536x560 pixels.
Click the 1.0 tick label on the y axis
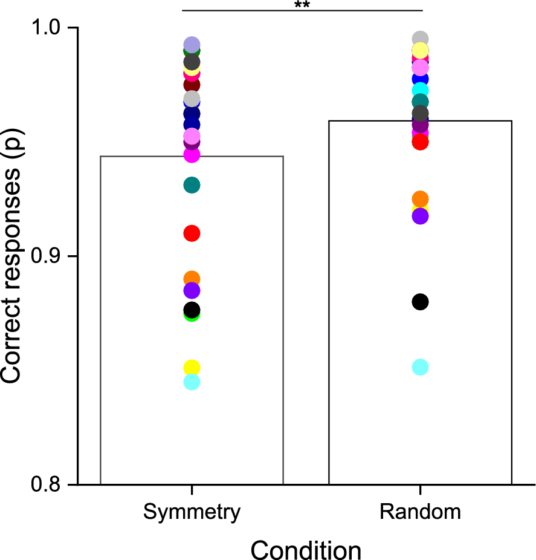coord(42,28)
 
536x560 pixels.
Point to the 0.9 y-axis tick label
coord(42,256)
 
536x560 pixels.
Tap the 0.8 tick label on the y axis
coord(42,484)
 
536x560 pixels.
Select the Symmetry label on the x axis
coord(192,512)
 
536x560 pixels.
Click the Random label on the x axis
coord(420,512)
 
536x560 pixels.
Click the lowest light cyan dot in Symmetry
coord(192,382)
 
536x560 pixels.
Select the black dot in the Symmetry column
coord(192,310)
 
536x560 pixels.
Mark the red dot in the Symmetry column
coord(192,233)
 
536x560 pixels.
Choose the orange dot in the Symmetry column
coord(192,279)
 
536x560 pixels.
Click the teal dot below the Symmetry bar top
coord(192,185)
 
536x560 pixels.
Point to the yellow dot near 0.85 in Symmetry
coord(192,368)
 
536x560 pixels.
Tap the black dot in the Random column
coord(420,302)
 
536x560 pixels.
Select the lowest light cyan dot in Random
coord(420,367)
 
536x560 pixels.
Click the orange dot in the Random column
coord(420,199)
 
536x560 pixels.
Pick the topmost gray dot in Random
coord(420,39)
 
